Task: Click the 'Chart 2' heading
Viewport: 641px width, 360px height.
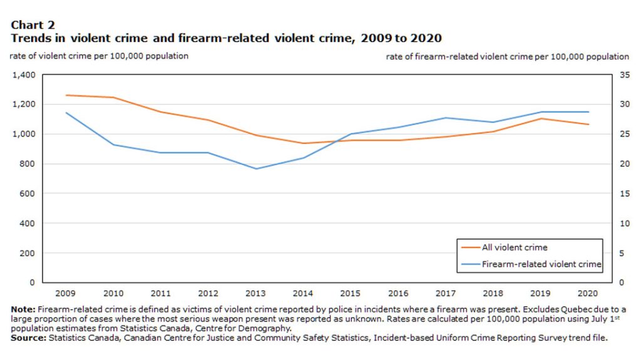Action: click(x=33, y=25)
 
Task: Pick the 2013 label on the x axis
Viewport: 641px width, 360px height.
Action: click(x=255, y=292)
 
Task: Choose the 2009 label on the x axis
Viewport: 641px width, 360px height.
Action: click(x=65, y=292)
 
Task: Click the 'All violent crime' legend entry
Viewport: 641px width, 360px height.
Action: click(x=515, y=247)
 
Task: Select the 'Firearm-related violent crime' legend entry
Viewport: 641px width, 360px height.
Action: click(x=541, y=264)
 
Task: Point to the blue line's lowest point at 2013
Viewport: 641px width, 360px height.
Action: click(x=255, y=168)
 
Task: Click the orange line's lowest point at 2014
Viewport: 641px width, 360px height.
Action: click(x=303, y=143)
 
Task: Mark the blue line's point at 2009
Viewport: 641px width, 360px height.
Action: click(x=65, y=113)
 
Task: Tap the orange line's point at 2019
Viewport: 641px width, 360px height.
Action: click(x=541, y=118)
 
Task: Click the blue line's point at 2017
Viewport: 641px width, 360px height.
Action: click(x=446, y=118)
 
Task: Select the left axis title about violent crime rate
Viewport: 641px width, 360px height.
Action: click(x=99, y=56)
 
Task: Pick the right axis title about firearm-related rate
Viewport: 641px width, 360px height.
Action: click(x=508, y=56)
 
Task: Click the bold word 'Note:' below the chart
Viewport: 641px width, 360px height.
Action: click(x=23, y=310)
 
